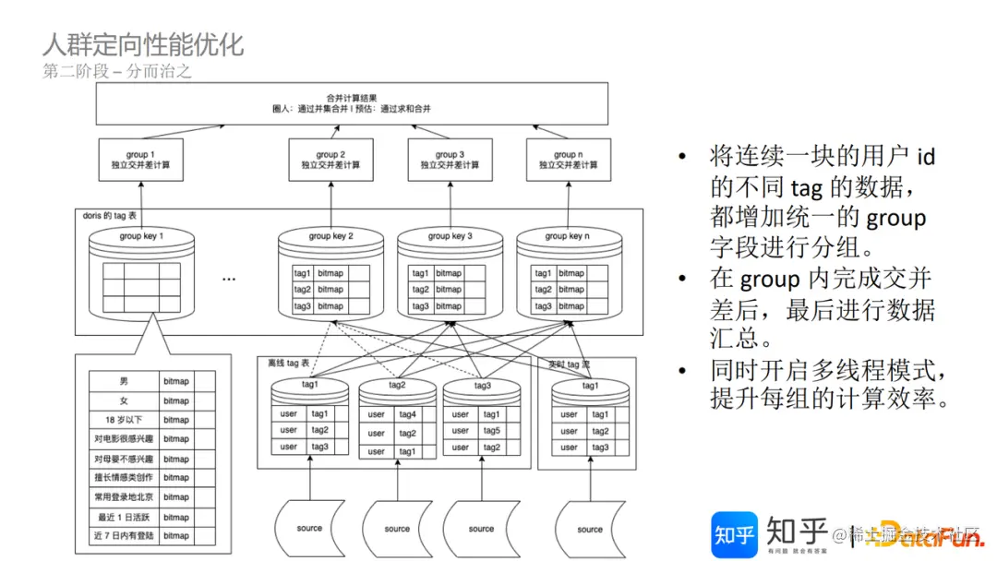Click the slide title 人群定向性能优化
coord(143,44)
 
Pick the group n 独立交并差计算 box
coord(568,160)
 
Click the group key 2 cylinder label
coord(330,236)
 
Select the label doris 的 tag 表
coord(109,215)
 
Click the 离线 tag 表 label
coord(288,364)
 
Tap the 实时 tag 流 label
coord(570,364)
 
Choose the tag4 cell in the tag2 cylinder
coord(407,414)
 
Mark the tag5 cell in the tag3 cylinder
coord(491,431)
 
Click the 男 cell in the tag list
coord(124,381)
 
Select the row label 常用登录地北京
coord(124,497)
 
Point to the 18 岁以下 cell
coord(124,420)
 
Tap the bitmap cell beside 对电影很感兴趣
coord(176,439)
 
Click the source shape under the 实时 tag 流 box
coord(589,529)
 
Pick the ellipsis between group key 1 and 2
coord(229,278)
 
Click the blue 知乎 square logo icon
coord(734,533)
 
